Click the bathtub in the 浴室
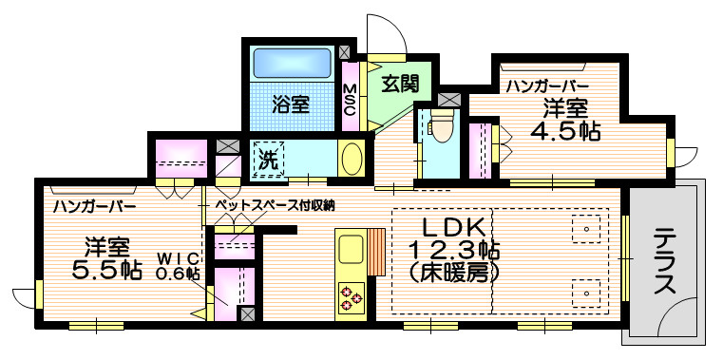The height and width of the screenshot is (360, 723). pyautogui.click(x=293, y=64)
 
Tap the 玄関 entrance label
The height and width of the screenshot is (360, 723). pyautogui.click(x=400, y=84)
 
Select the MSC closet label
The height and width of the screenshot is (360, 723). pyautogui.click(x=351, y=99)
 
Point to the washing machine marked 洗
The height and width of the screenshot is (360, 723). pyautogui.click(x=268, y=159)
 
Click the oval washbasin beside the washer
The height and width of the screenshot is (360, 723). pyautogui.click(x=352, y=157)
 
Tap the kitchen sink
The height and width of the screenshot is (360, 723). pyautogui.click(x=352, y=249)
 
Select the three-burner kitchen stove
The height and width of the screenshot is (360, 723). pyautogui.click(x=352, y=297)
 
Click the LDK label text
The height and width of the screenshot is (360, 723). pyautogui.click(x=455, y=227)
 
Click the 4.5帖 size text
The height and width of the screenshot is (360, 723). pyautogui.click(x=565, y=132)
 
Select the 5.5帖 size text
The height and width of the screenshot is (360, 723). pyautogui.click(x=106, y=271)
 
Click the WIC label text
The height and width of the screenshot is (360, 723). pyautogui.click(x=179, y=256)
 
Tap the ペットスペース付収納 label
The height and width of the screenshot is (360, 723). pyautogui.click(x=276, y=205)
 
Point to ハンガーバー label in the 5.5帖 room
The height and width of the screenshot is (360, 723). pyautogui.click(x=94, y=205)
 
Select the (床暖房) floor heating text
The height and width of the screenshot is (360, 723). pyautogui.click(x=455, y=275)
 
